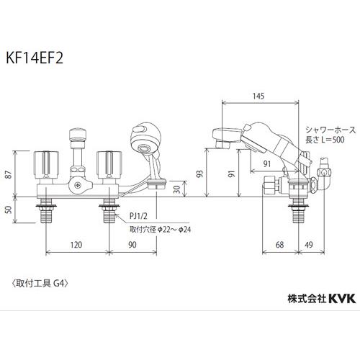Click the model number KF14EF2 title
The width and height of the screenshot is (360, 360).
point(35,58)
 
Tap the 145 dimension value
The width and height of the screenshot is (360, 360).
point(258,96)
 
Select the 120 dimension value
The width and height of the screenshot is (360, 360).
point(76,245)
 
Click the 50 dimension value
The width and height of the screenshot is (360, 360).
point(9,210)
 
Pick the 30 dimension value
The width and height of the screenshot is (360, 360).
point(176,189)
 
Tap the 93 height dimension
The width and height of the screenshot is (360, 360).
point(199,174)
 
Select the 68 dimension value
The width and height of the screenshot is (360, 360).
point(280,245)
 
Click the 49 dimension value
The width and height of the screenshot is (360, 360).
point(309,245)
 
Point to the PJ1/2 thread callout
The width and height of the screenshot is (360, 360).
point(138,216)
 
